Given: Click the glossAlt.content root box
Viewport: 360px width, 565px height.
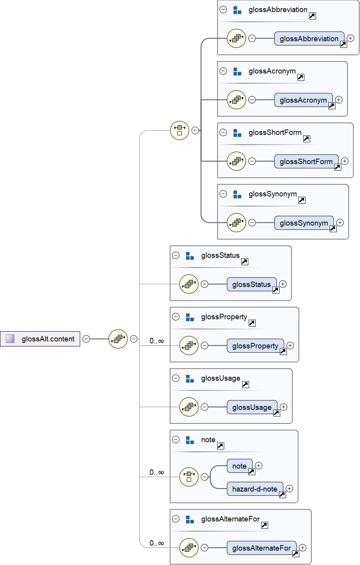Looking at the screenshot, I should (x=40, y=339).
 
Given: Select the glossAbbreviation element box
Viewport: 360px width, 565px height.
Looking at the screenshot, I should (x=309, y=38).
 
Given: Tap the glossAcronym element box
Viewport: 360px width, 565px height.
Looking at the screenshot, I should (x=303, y=100).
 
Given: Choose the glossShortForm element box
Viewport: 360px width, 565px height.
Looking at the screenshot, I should (x=306, y=161).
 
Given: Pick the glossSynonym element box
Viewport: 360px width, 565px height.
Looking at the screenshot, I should (x=304, y=223).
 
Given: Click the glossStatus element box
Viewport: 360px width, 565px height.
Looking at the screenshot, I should (x=251, y=284).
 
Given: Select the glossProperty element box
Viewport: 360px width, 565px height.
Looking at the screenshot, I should (x=255, y=346).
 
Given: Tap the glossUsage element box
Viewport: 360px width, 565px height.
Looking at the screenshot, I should (x=252, y=407).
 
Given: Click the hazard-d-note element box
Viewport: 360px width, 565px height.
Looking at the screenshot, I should (x=255, y=489).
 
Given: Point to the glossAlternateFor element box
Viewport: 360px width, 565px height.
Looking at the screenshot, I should (x=261, y=548).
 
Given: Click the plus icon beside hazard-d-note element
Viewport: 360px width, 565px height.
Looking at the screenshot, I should (x=289, y=488).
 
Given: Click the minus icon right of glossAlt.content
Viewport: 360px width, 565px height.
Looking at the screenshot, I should (x=86, y=339).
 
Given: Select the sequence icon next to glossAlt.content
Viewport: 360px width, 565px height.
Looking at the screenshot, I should (x=118, y=339).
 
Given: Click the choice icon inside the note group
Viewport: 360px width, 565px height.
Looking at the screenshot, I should (x=189, y=476).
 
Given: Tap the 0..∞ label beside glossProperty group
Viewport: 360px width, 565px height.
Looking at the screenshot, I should (x=157, y=341).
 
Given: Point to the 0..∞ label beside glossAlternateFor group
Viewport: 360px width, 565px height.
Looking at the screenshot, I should (x=157, y=543).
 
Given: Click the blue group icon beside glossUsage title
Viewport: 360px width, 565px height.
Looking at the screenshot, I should (x=190, y=378).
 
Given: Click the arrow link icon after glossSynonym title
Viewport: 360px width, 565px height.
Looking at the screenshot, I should (x=302, y=200).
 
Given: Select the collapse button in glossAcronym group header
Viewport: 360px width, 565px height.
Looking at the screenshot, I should (x=223, y=71).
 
